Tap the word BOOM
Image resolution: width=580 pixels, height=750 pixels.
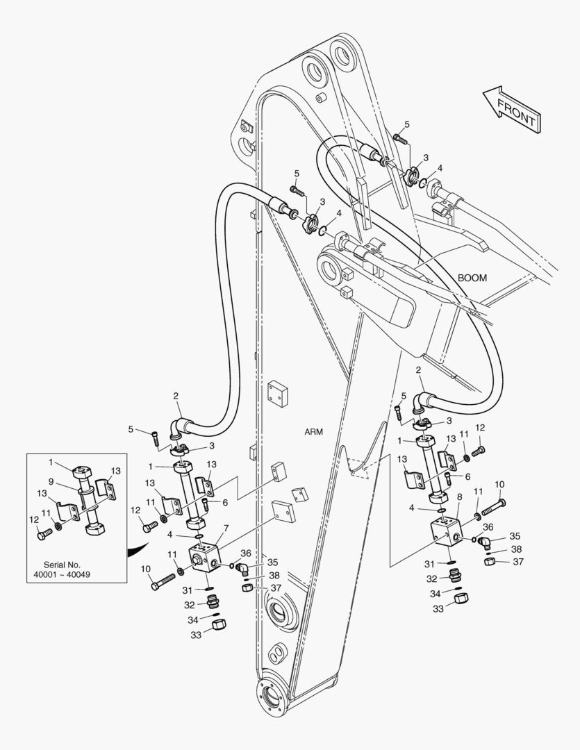coord(472,278)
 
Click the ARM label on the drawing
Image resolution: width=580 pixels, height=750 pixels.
coord(314,431)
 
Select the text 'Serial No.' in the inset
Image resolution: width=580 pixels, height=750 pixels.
coord(62,565)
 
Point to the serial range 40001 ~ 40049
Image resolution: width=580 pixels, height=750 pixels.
coord(62,575)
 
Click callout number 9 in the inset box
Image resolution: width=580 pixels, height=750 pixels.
coord(51,481)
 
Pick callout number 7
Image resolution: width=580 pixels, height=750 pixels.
coord(225,528)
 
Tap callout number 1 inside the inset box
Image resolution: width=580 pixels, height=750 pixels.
coord(51,462)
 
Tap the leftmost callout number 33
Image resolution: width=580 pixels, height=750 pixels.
coord(196,634)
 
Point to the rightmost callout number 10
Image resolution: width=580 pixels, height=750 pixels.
coord(499,485)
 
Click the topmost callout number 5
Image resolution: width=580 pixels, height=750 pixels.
coord(407,124)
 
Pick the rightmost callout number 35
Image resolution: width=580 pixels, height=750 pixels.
coord(515,536)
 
